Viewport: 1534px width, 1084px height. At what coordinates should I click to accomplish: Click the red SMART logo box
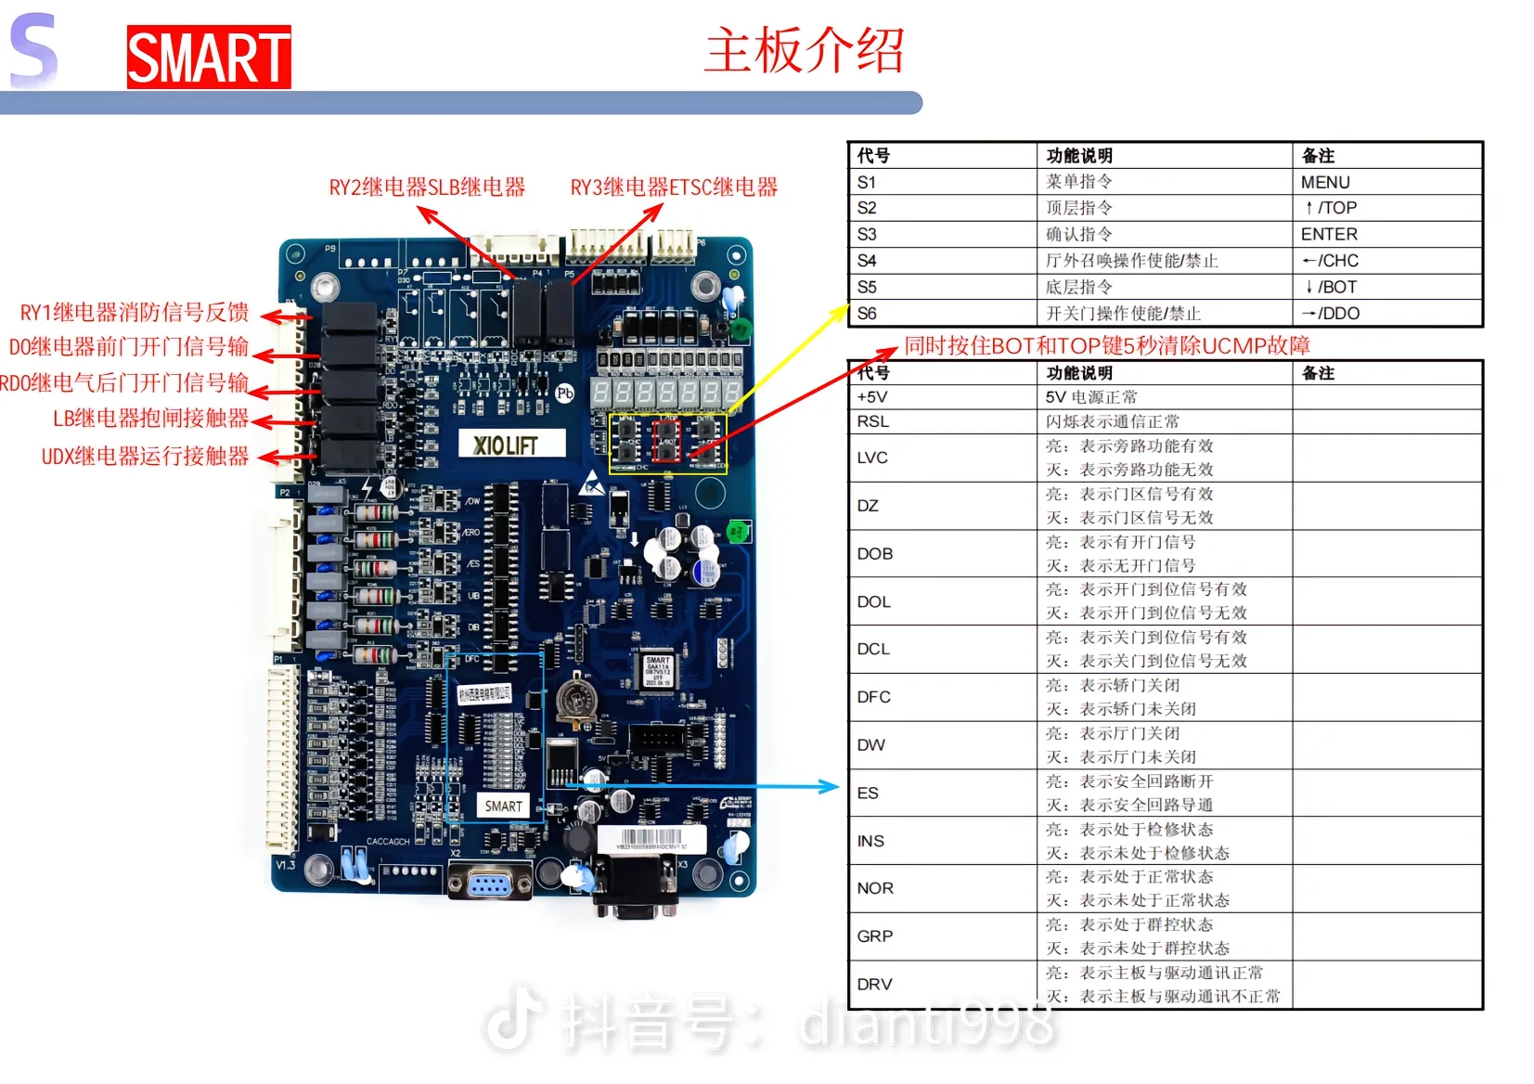tap(209, 58)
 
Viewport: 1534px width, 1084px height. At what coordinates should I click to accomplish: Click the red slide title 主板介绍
tap(804, 50)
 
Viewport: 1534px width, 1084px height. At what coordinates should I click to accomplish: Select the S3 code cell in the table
tap(867, 234)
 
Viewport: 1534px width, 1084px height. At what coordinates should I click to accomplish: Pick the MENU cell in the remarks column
tap(1325, 182)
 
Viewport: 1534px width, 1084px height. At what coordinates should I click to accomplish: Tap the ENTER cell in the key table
tap(1329, 234)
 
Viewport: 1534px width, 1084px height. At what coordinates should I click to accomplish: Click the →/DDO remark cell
tap(1330, 314)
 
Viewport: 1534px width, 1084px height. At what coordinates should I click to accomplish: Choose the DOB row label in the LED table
tap(874, 554)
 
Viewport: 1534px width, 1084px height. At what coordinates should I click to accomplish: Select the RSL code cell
tap(872, 421)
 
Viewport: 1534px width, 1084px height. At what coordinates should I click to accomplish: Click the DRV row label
tap(874, 985)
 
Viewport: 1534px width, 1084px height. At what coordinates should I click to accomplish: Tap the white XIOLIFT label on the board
tap(507, 445)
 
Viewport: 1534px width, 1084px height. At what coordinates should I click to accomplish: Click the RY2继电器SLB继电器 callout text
tap(427, 187)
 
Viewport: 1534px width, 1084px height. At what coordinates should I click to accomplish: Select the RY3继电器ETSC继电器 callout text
tap(674, 187)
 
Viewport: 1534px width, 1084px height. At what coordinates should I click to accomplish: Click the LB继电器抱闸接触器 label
tap(150, 419)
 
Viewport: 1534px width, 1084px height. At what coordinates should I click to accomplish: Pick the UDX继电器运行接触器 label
tap(145, 457)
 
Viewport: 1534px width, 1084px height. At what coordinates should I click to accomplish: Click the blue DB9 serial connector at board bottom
tap(489, 882)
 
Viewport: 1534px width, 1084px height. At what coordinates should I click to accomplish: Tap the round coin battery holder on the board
tap(574, 701)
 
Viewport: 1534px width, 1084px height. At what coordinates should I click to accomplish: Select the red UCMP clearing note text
tap(1106, 346)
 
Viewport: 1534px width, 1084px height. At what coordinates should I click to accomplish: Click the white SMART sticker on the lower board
tap(503, 806)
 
